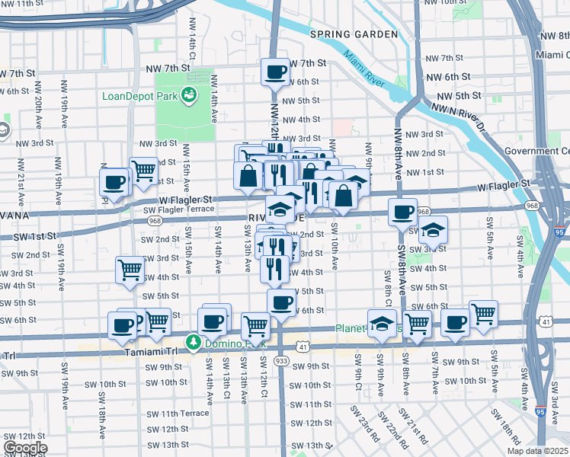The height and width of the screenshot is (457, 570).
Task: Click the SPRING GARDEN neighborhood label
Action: click(354, 34)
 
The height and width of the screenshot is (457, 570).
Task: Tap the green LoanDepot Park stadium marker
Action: click(189, 96)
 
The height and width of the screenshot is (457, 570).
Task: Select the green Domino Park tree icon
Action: click(194, 341)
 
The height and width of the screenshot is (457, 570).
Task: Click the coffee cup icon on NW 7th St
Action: click(274, 73)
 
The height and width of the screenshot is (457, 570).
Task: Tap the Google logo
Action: click(25, 448)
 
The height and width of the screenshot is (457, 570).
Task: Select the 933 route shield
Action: click(281, 360)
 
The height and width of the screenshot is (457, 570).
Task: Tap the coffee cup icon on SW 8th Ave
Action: click(402, 213)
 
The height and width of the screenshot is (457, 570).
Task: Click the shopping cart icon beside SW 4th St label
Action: click(130, 270)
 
